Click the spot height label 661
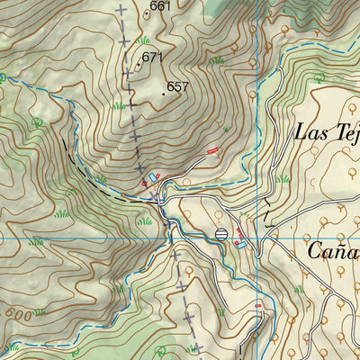pos(161,6)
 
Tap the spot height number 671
pos(152,58)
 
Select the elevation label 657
pos(178,87)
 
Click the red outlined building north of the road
pos(213,151)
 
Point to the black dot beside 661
pos(146,13)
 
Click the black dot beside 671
pos(138,65)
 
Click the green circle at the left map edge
pos(3,77)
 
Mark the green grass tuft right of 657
pos(216,61)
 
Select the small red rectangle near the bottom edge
pos(259,306)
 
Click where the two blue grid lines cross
pos(256,238)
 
